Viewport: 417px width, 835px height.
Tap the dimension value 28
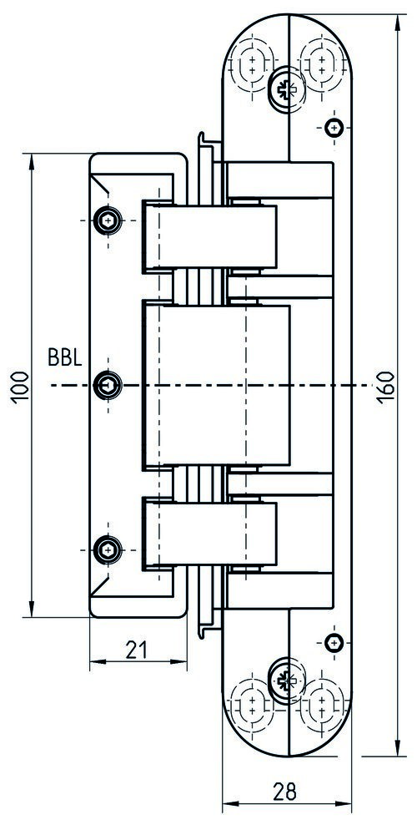(x=284, y=791)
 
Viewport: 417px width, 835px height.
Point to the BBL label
(x=65, y=358)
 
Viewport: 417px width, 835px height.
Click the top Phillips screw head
(x=285, y=85)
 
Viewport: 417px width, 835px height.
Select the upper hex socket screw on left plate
(x=108, y=220)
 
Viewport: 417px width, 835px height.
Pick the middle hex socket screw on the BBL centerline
(x=108, y=384)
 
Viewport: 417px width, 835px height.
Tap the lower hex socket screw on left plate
(x=108, y=549)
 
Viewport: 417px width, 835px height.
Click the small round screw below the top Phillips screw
(x=334, y=127)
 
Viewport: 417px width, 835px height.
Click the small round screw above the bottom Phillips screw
(x=334, y=643)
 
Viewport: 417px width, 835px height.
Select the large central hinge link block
(x=216, y=386)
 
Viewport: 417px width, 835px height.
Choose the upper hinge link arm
(x=209, y=236)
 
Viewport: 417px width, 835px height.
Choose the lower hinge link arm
(x=209, y=534)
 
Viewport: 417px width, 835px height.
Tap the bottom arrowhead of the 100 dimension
(x=32, y=608)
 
